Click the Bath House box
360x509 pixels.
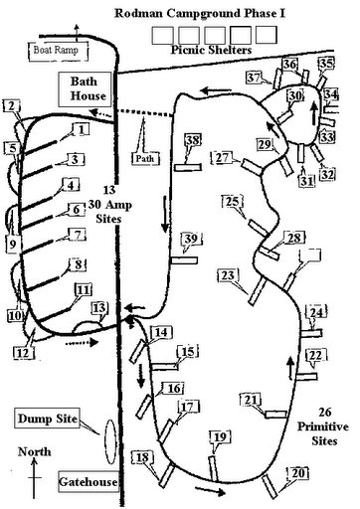85,89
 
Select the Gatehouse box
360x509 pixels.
89,481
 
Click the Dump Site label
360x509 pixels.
48,419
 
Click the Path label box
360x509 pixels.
145,158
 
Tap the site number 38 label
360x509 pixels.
193,140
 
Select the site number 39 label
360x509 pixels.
191,239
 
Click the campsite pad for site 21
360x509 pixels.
276,415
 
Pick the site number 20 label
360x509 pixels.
298,473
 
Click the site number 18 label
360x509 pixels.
142,457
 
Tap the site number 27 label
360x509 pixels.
222,157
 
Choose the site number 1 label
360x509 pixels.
82,129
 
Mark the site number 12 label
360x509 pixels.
23,353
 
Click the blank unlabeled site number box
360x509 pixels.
310,255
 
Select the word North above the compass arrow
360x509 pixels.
35,451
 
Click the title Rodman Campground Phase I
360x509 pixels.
200,13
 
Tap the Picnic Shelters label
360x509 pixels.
211,50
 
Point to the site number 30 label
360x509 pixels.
295,95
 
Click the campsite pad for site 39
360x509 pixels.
184,260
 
